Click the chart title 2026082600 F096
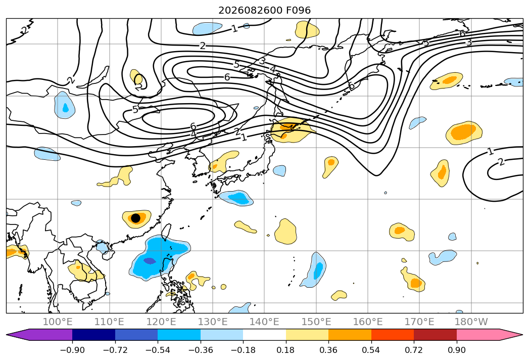pyautogui.click(x=265, y=10)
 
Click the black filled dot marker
pyautogui.click(x=135, y=218)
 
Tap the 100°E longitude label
pyautogui.click(x=58, y=322)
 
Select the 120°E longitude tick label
pyautogui.click(x=161, y=322)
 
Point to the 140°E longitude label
pyautogui.click(x=265, y=322)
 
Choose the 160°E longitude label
pyautogui.click(x=368, y=322)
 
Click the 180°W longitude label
pyautogui.click(x=471, y=322)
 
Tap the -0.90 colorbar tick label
pyautogui.click(x=72, y=350)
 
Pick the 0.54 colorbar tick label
pyautogui.click(x=371, y=350)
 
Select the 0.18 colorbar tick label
pyautogui.click(x=286, y=350)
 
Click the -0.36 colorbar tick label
pyautogui.click(x=201, y=350)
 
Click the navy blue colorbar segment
pyautogui.click(x=94, y=334)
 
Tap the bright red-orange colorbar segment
pyautogui.click(x=393, y=334)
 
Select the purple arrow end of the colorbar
pyautogui.click(x=39, y=334)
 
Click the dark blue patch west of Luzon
pyautogui.click(x=150, y=261)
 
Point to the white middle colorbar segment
pyautogui.click(x=265, y=334)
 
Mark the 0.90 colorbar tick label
pyautogui.click(x=456, y=350)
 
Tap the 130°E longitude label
pyautogui.click(x=213, y=322)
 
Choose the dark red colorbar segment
pyautogui.click(x=435, y=334)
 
